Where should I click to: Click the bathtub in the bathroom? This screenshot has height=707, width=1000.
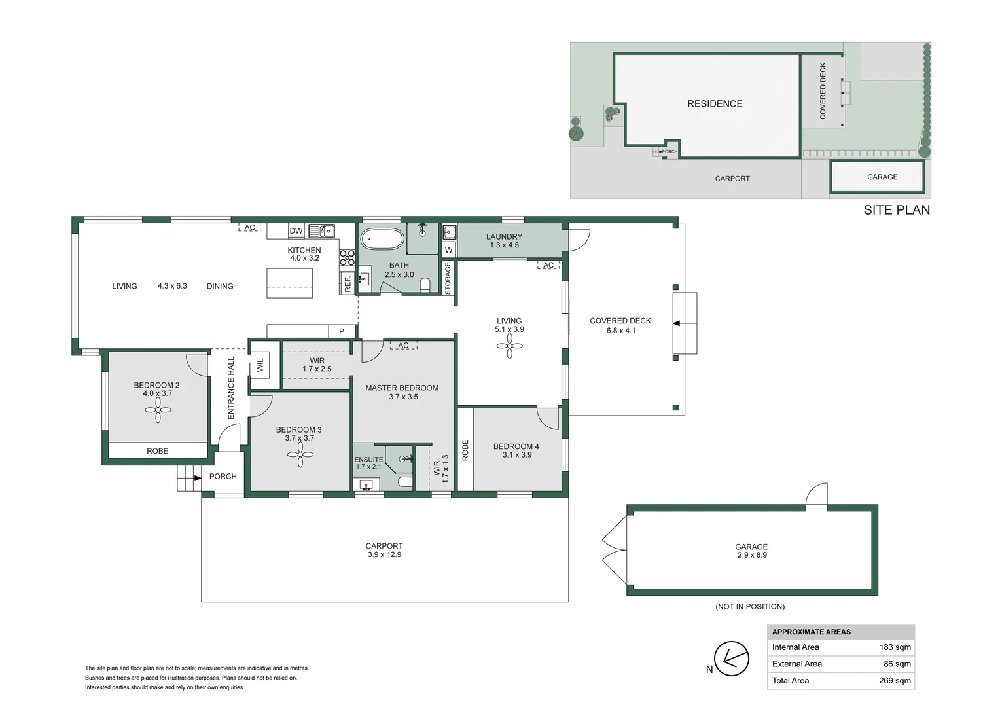(382, 239)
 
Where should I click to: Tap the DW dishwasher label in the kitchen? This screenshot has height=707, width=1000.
(296, 231)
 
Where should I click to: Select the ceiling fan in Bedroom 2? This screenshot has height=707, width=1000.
(158, 410)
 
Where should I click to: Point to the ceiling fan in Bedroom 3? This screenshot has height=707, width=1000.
(300, 454)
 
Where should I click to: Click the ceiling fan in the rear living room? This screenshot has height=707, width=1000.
(509, 346)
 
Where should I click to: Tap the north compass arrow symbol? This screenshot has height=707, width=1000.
(731, 658)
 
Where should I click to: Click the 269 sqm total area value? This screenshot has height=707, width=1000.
(895, 681)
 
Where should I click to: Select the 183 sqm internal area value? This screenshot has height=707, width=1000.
(895, 647)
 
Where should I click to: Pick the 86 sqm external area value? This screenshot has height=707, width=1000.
(897, 664)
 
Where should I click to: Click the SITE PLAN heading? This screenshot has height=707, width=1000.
(896, 210)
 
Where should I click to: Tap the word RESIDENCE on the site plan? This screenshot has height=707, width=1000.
(715, 104)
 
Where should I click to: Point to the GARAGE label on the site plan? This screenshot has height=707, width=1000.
(882, 177)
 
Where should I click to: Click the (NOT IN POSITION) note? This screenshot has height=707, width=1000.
(750, 607)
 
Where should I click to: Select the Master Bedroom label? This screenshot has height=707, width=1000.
(402, 388)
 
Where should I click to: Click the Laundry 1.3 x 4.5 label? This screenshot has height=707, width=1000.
(504, 241)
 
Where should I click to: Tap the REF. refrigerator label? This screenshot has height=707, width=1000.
(348, 283)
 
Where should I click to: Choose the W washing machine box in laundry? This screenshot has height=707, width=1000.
(448, 250)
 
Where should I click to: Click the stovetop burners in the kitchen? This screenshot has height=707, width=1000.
(347, 258)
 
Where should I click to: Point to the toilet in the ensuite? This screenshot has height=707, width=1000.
(405, 482)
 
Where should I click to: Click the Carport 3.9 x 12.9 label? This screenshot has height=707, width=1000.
(384, 551)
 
